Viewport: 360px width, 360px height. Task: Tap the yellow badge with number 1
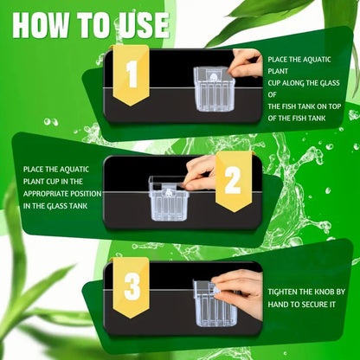coord(132,76)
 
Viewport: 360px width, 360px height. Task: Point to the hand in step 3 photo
coord(242,286)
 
